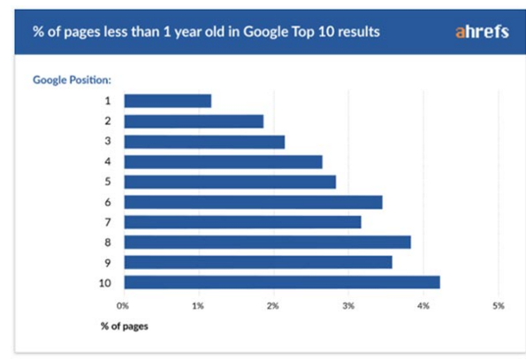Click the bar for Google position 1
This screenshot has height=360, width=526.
click(x=168, y=101)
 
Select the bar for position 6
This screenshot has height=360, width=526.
click(x=253, y=203)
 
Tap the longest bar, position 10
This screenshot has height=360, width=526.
click(x=282, y=282)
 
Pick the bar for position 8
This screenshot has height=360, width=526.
click(x=267, y=242)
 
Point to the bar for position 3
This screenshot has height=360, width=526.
click(x=204, y=142)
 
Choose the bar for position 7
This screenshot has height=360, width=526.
click(x=243, y=222)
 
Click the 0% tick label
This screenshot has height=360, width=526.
click(x=123, y=306)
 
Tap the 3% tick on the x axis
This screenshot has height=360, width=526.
click(x=348, y=306)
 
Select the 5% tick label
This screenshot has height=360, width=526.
click(x=499, y=306)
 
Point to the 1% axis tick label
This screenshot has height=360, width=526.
click(x=198, y=306)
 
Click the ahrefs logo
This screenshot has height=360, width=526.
click(x=482, y=32)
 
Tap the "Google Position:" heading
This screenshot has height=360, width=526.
click(x=72, y=80)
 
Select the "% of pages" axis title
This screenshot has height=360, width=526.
click(x=125, y=326)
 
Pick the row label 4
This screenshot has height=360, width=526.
click(x=108, y=162)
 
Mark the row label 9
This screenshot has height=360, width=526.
click(x=108, y=263)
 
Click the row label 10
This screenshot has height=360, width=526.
click(x=105, y=283)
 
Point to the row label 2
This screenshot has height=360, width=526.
click(x=108, y=121)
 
